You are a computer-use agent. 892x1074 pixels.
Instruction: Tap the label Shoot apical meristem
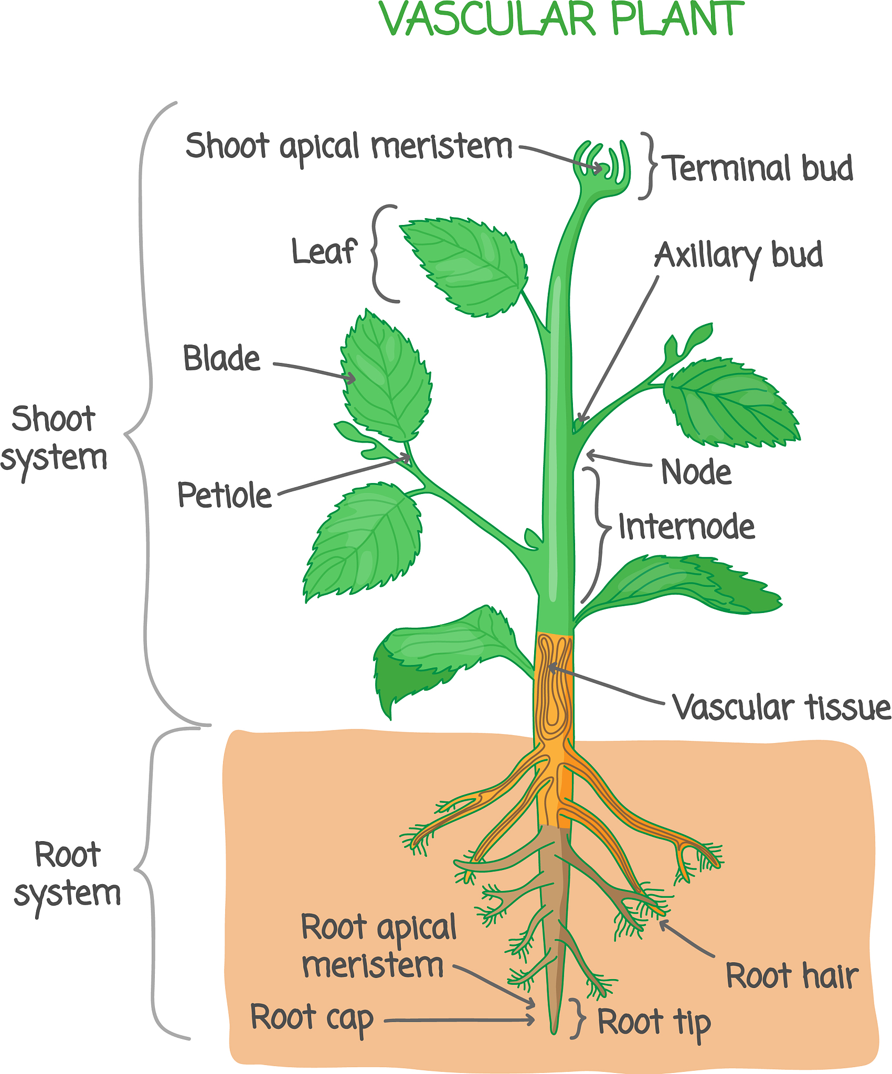pos(348,146)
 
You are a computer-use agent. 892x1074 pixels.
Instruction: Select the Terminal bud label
pos(759,168)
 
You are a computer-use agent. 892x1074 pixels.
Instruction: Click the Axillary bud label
pos(738,256)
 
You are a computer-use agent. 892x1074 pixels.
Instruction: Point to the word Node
pos(696,472)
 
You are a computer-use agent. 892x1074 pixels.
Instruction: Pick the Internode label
pos(686,527)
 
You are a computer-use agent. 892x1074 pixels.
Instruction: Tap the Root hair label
pos(792,976)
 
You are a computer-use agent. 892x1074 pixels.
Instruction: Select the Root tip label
pos(654,1023)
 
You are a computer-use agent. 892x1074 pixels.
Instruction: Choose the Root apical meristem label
pos(378,947)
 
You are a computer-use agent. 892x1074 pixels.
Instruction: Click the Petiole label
pos(225,495)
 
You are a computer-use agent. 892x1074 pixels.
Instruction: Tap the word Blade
pos(221,359)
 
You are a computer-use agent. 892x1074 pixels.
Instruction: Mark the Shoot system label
pos(54,438)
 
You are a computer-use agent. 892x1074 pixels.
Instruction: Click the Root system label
pos(67,874)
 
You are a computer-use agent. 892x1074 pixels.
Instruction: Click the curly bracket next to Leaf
pos(381,254)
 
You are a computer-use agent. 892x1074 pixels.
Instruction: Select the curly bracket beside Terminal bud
pos(649,166)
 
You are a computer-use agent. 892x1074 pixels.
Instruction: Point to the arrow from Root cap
pos(459,1021)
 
